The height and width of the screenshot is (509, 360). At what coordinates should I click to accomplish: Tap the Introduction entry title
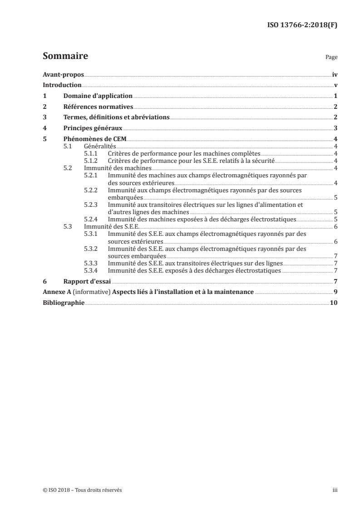tap(62, 85)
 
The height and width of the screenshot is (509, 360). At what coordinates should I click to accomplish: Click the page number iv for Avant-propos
tap(335, 74)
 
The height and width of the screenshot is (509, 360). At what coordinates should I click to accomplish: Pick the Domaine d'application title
tap(98, 96)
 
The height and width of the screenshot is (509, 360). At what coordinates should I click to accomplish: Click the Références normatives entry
tap(98, 107)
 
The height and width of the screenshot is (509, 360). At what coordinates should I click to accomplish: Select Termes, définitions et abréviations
tap(116, 117)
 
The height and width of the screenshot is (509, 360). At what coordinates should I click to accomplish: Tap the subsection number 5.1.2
tap(92, 161)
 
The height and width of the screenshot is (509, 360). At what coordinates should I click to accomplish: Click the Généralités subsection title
tap(100, 147)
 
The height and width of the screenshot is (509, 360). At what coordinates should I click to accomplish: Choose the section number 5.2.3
tap(92, 205)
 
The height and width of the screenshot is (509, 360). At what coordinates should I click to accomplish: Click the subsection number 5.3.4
tap(92, 271)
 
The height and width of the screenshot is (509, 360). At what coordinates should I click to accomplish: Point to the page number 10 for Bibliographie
tap(334, 303)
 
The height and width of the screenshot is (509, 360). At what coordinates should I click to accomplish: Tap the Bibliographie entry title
tap(63, 303)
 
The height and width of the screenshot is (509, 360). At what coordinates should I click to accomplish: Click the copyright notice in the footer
tap(82, 490)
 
